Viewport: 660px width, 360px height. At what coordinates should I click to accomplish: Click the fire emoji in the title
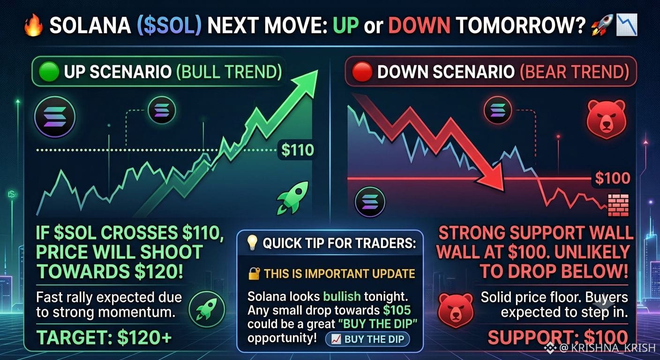(33, 26)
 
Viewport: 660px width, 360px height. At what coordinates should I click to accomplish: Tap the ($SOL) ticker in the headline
(169, 25)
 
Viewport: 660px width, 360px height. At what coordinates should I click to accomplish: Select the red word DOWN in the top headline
(419, 25)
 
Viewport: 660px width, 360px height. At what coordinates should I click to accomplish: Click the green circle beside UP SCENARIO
(49, 72)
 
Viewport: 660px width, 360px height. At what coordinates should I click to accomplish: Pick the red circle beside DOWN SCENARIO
(362, 72)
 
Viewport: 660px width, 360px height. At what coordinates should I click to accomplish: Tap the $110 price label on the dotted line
(297, 150)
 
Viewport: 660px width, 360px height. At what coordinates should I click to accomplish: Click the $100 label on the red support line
(613, 178)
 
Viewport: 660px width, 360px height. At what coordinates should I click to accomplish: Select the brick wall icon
(618, 205)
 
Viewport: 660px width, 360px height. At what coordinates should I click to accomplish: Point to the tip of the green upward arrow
(318, 70)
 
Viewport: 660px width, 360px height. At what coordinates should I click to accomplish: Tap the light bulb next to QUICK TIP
(252, 243)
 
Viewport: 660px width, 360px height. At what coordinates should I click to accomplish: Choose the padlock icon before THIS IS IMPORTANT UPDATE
(254, 274)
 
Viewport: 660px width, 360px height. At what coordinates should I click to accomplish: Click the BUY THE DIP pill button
(367, 339)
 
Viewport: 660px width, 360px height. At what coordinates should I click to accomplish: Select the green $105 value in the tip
(397, 310)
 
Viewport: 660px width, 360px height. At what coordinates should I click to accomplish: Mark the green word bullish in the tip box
(342, 296)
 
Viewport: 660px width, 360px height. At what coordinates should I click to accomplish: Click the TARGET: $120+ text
(104, 337)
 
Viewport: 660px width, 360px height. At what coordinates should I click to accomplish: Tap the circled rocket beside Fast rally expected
(207, 309)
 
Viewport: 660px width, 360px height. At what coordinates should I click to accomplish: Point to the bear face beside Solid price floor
(456, 310)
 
